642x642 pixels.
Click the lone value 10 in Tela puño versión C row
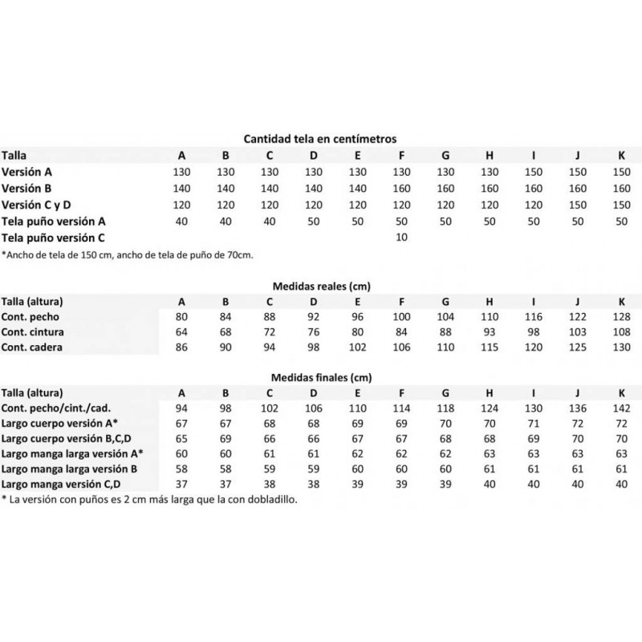coord(401,238)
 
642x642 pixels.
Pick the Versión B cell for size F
coord(401,188)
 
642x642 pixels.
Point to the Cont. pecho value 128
coord(620,317)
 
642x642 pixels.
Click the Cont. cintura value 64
coord(182,332)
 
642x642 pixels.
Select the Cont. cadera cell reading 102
coord(357,347)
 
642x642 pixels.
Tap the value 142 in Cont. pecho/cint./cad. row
coord(620,408)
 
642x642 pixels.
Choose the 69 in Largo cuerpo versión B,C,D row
coord(226,438)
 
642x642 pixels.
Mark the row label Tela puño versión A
coord(54,221)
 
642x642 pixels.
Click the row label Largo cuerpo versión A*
coord(60,423)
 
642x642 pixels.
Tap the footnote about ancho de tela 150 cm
coord(128,255)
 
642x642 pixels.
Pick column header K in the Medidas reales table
coord(620,302)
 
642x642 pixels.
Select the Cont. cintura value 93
coord(489,332)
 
